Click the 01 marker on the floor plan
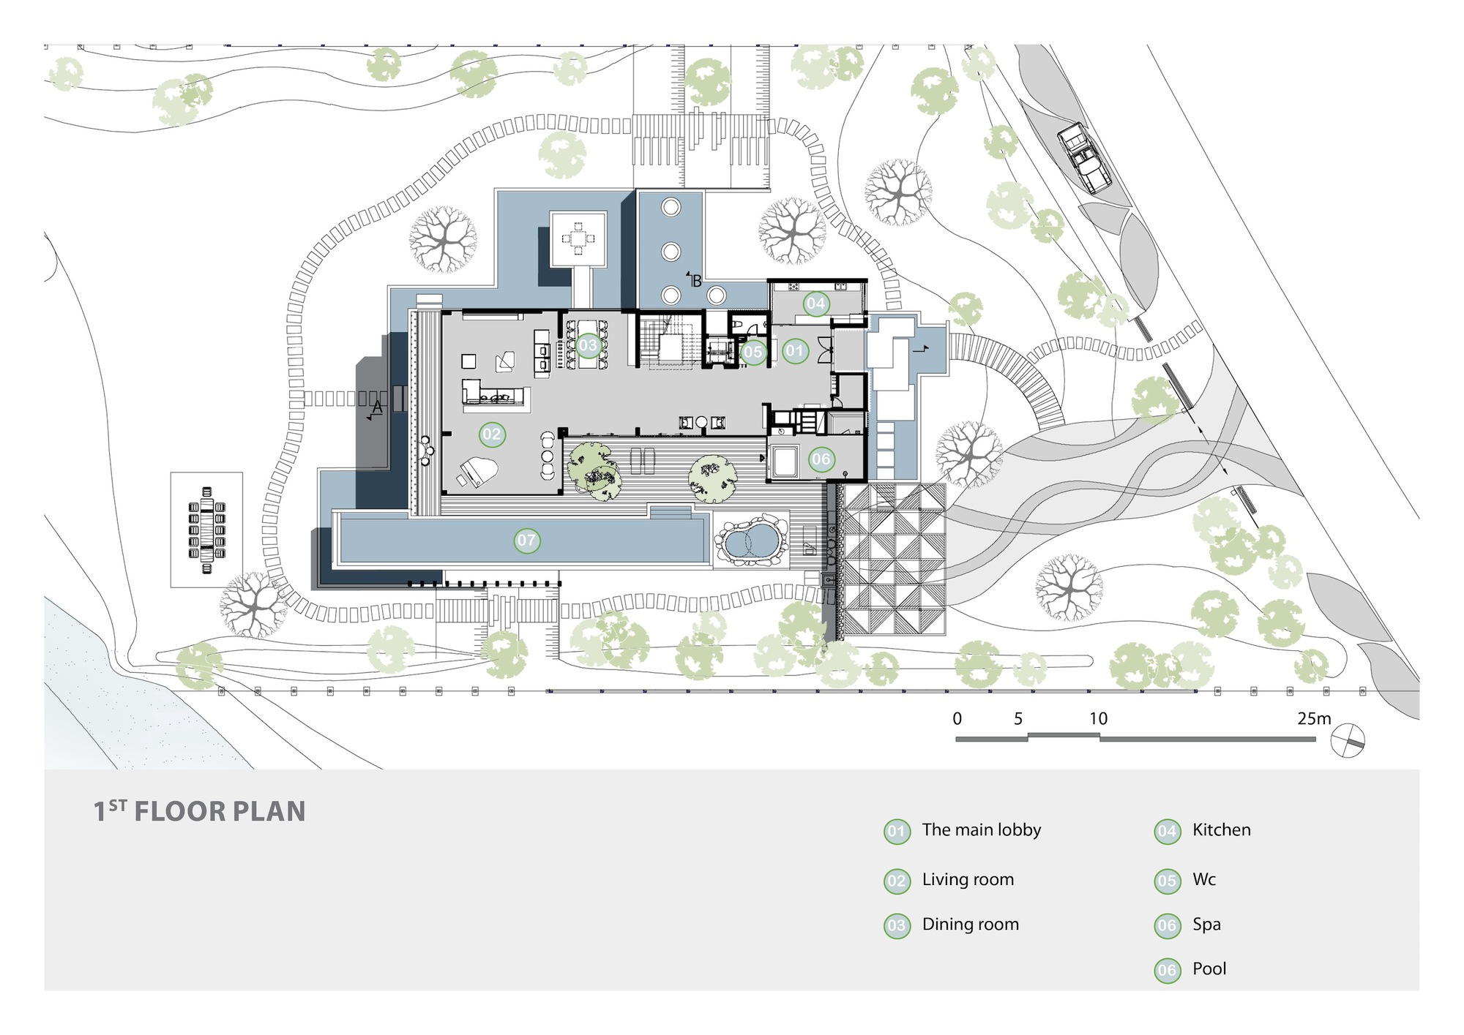(794, 350)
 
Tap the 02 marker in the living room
(491, 434)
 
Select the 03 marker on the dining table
(588, 345)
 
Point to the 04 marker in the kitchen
(815, 303)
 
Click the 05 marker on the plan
(752, 352)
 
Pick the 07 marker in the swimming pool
(526, 541)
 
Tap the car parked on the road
(1084, 157)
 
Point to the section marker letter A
(378, 407)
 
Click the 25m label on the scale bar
(1314, 718)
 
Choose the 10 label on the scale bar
(1098, 718)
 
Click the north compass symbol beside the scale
(1348, 739)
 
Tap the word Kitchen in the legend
(1221, 829)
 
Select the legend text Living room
(968, 879)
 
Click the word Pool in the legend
(1209, 968)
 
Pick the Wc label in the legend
(1204, 879)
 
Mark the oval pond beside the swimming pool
(749, 542)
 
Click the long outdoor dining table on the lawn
(207, 529)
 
